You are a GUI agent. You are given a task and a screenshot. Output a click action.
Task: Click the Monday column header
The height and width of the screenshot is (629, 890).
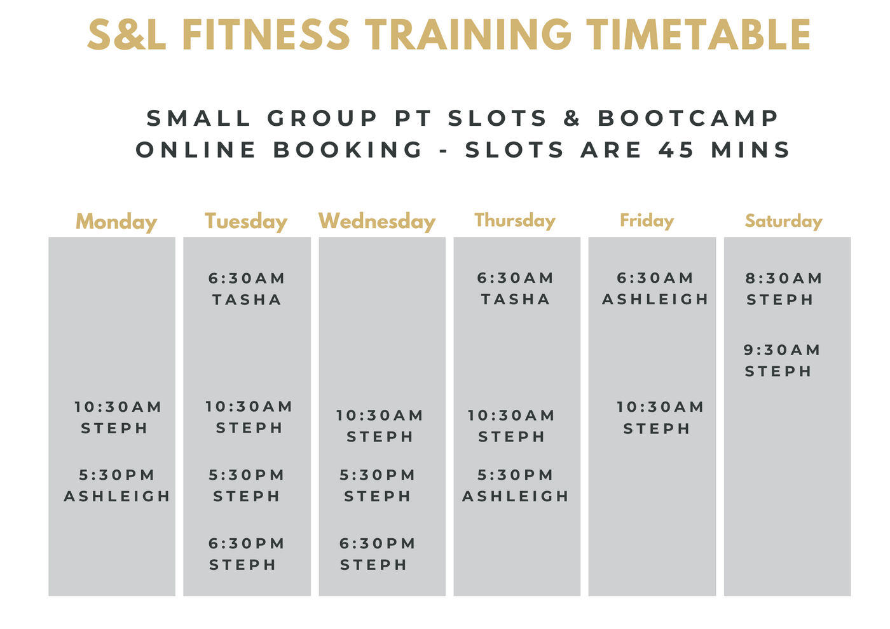pos(116,222)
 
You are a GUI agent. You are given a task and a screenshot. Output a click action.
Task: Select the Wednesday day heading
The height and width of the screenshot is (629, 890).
pos(376,221)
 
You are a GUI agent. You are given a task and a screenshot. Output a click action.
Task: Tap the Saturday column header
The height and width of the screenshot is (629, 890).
pos(783,221)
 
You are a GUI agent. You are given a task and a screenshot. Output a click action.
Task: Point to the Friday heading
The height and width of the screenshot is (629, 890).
pos(647,220)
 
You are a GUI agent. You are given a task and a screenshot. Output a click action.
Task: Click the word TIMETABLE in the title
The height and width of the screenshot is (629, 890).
pos(699,34)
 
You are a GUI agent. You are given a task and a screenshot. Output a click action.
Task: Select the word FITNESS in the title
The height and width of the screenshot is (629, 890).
pos(266,34)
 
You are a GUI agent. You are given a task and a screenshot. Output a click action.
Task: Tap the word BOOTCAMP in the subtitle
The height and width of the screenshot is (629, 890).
pos(688,118)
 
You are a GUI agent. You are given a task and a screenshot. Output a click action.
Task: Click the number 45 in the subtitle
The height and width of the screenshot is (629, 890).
pos(676,150)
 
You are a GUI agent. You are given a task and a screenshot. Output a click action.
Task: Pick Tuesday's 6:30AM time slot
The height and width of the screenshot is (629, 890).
pos(247,278)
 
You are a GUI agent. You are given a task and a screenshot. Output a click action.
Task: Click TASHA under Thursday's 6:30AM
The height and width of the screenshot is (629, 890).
pos(516,299)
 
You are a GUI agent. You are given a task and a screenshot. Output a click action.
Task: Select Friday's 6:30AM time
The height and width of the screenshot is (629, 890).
pos(655,278)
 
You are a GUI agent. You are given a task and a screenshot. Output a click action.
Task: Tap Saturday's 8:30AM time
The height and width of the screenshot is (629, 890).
pos(783,278)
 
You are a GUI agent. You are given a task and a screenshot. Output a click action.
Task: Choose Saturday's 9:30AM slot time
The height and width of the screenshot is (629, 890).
pos(782,350)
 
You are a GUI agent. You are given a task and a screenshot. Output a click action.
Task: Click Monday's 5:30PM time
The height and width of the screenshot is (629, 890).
pos(116,475)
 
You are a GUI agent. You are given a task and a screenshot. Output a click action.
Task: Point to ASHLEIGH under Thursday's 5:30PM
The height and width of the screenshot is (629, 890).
pos(516,496)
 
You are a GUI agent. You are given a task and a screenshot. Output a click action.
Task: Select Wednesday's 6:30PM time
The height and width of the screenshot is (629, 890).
pos(377,543)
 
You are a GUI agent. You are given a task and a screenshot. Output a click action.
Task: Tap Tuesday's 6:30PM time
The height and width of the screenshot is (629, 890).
pos(247,543)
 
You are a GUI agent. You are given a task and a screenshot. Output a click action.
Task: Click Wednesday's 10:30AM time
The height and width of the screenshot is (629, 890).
pos(380,416)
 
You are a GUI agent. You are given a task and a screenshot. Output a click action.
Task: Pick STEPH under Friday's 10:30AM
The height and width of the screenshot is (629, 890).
pos(656,429)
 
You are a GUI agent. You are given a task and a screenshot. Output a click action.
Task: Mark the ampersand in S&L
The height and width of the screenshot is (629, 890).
pos(134,34)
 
